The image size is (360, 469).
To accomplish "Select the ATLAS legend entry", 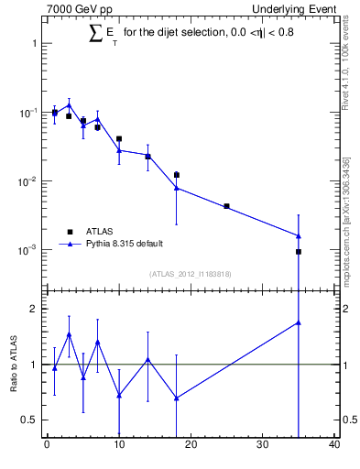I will (99, 232).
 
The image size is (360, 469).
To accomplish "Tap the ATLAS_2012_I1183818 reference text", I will (190, 273).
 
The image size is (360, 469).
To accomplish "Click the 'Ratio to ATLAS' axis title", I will (15, 364).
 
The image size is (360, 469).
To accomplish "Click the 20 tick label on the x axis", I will (191, 446).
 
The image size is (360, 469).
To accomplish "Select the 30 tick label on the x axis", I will (263, 446).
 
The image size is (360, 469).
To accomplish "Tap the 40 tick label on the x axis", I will (334, 446).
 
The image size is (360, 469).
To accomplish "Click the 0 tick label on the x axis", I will (47, 446).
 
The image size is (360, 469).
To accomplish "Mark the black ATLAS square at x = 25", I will (227, 206).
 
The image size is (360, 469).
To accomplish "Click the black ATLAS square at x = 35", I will (299, 251).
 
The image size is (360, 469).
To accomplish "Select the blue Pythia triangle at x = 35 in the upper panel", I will (299, 235).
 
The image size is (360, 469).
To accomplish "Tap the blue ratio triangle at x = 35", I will (299, 322).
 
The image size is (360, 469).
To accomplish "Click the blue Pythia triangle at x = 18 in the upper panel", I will (177, 188).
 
